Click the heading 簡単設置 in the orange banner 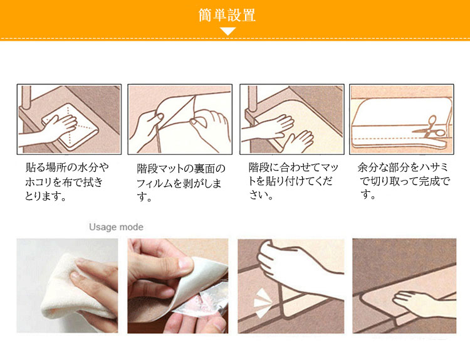pos(227,15)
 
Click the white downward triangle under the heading pos(228,31)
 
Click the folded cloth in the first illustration pos(70,127)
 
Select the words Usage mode pos(116,227)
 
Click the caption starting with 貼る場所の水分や pos(66,181)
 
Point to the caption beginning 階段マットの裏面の pos(180,183)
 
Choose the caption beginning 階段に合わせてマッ pos(293,181)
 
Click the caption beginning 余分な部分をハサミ pos(404,181)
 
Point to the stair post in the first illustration pos(26,97)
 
